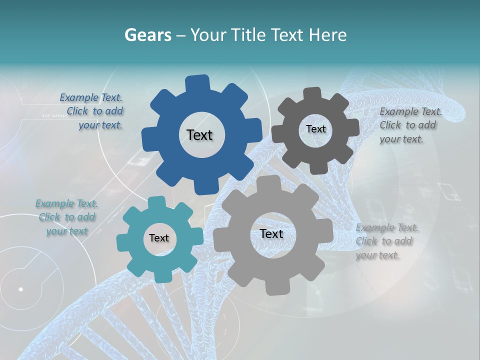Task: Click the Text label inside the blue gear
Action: pyautogui.click(x=199, y=135)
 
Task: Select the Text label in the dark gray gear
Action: pyautogui.click(x=315, y=129)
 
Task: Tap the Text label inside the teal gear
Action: pyautogui.click(x=159, y=238)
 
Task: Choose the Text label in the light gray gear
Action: pyautogui.click(x=271, y=234)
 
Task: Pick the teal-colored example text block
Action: pyautogui.click(x=66, y=217)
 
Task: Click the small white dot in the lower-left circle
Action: pyautogui.click(x=20, y=289)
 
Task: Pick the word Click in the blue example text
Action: pyautogui.click(x=78, y=111)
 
